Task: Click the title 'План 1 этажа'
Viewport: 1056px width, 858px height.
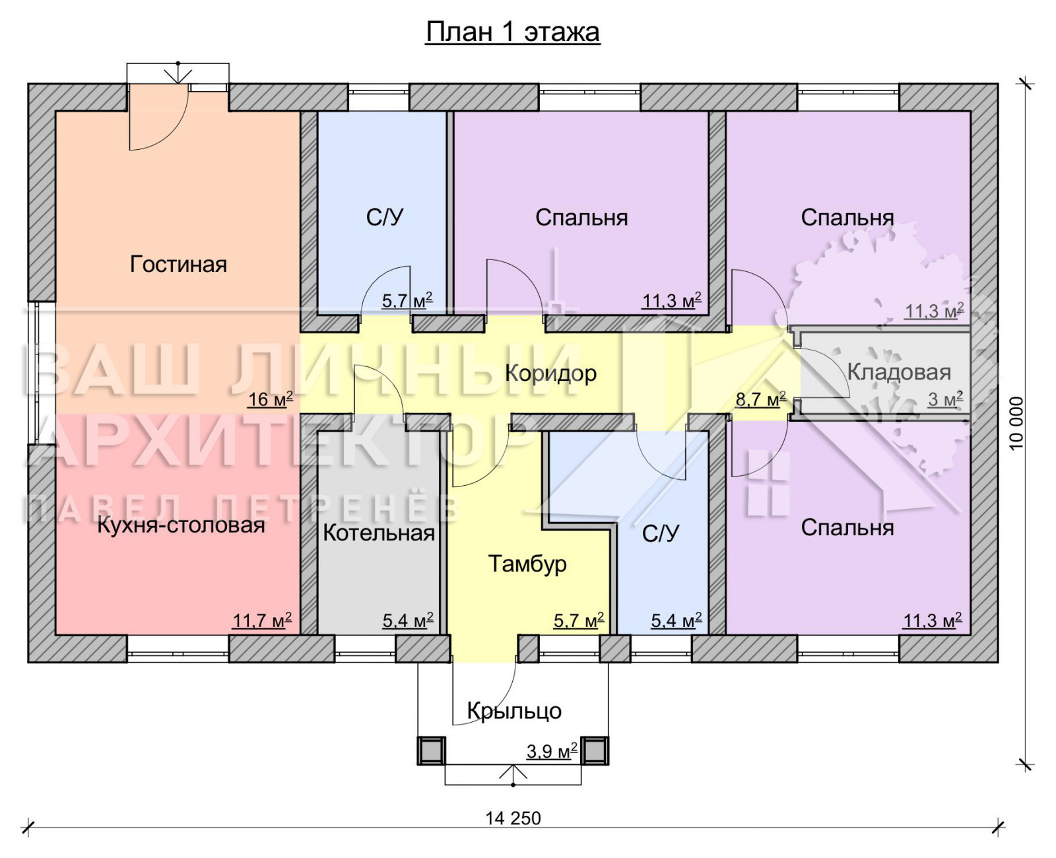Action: pos(513,32)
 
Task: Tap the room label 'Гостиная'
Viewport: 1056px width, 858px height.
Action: pos(178,264)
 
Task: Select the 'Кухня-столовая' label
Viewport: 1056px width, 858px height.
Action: pos(181,525)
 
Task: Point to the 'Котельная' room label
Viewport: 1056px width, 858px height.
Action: pos(379,533)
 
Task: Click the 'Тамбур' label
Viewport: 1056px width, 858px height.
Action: pos(527,564)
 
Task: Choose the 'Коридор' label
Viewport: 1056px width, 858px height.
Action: pos(551,374)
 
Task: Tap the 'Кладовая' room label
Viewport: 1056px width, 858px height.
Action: pos(899,372)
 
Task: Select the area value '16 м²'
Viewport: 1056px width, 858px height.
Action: pos(270,399)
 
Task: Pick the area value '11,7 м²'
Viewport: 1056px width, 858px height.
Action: pos(262,620)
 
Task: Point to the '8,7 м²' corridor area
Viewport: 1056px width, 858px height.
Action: pos(760,399)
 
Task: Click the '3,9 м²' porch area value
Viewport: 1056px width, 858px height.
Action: pos(552,751)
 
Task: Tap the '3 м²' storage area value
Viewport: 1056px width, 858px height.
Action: pos(945,399)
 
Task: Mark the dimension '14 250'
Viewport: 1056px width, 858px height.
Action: pos(513,818)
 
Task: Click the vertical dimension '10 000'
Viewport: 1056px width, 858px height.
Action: pos(1016,423)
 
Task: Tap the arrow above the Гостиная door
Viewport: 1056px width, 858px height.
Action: pos(178,73)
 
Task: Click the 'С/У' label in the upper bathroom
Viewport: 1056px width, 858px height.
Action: pos(385,218)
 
